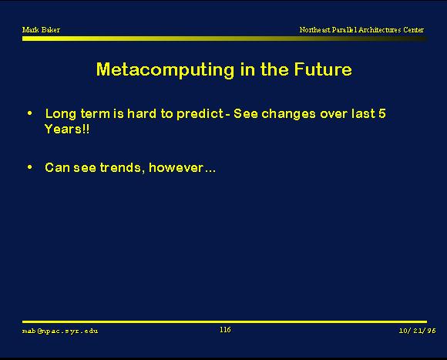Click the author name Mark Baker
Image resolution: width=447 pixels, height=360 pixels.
(x=41, y=29)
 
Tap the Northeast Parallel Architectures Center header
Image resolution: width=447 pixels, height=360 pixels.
(x=361, y=29)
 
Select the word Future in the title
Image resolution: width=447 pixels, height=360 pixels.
(x=323, y=69)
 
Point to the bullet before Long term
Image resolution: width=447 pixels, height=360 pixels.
(x=29, y=113)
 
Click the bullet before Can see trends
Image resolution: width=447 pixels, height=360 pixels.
(x=29, y=167)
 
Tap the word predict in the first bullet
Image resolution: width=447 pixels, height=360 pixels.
(x=200, y=114)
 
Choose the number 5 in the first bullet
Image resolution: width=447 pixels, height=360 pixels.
(x=382, y=113)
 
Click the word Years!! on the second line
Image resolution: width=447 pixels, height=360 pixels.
(x=67, y=129)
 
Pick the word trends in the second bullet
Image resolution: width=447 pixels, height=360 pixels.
(x=120, y=167)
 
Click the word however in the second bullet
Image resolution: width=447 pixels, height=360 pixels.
(x=176, y=167)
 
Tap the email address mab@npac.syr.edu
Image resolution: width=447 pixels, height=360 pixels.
(x=60, y=331)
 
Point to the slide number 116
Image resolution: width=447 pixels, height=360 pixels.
(x=225, y=330)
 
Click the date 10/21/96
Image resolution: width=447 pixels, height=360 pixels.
(x=418, y=331)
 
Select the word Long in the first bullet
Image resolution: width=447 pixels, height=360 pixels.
(x=61, y=114)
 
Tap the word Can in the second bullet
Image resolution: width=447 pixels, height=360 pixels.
(x=57, y=167)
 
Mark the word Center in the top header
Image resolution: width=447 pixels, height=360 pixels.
(x=413, y=29)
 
